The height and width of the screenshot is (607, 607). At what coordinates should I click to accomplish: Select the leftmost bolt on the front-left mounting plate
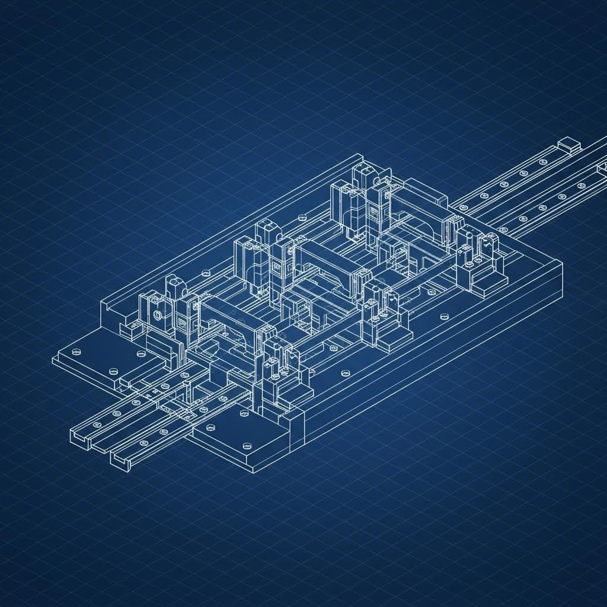click(x=75, y=352)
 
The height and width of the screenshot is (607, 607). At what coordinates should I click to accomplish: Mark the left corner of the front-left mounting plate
click(x=54, y=359)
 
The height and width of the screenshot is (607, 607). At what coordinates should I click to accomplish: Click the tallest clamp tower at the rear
click(x=363, y=178)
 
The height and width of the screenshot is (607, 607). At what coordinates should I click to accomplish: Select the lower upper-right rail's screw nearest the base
click(x=504, y=227)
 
